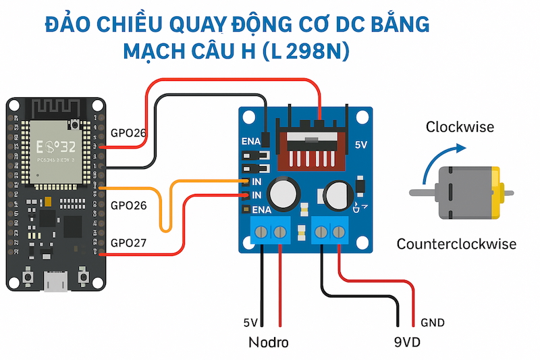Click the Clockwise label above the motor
460,126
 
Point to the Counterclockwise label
456,244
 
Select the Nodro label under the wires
267,342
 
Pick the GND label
433,323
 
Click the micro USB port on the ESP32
56,281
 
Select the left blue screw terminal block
271,232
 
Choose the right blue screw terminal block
331,232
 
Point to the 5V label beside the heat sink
362,145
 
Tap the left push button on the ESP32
28,276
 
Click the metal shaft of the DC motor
423,193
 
